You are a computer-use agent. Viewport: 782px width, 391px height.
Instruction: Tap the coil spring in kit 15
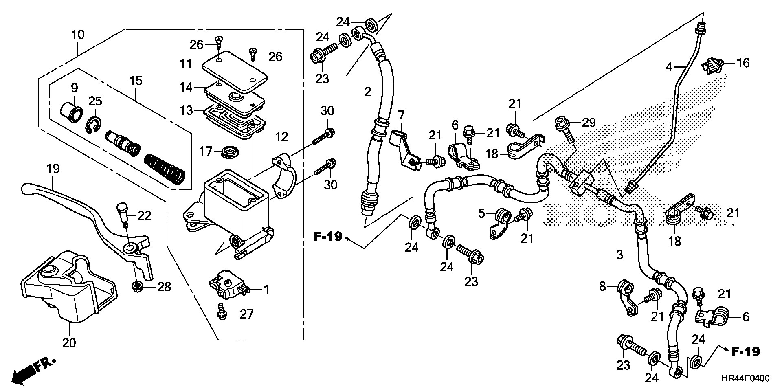tap(165, 169)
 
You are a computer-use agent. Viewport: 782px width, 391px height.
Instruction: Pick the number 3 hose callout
tap(619, 255)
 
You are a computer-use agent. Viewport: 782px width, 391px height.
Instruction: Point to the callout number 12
tap(283, 136)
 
